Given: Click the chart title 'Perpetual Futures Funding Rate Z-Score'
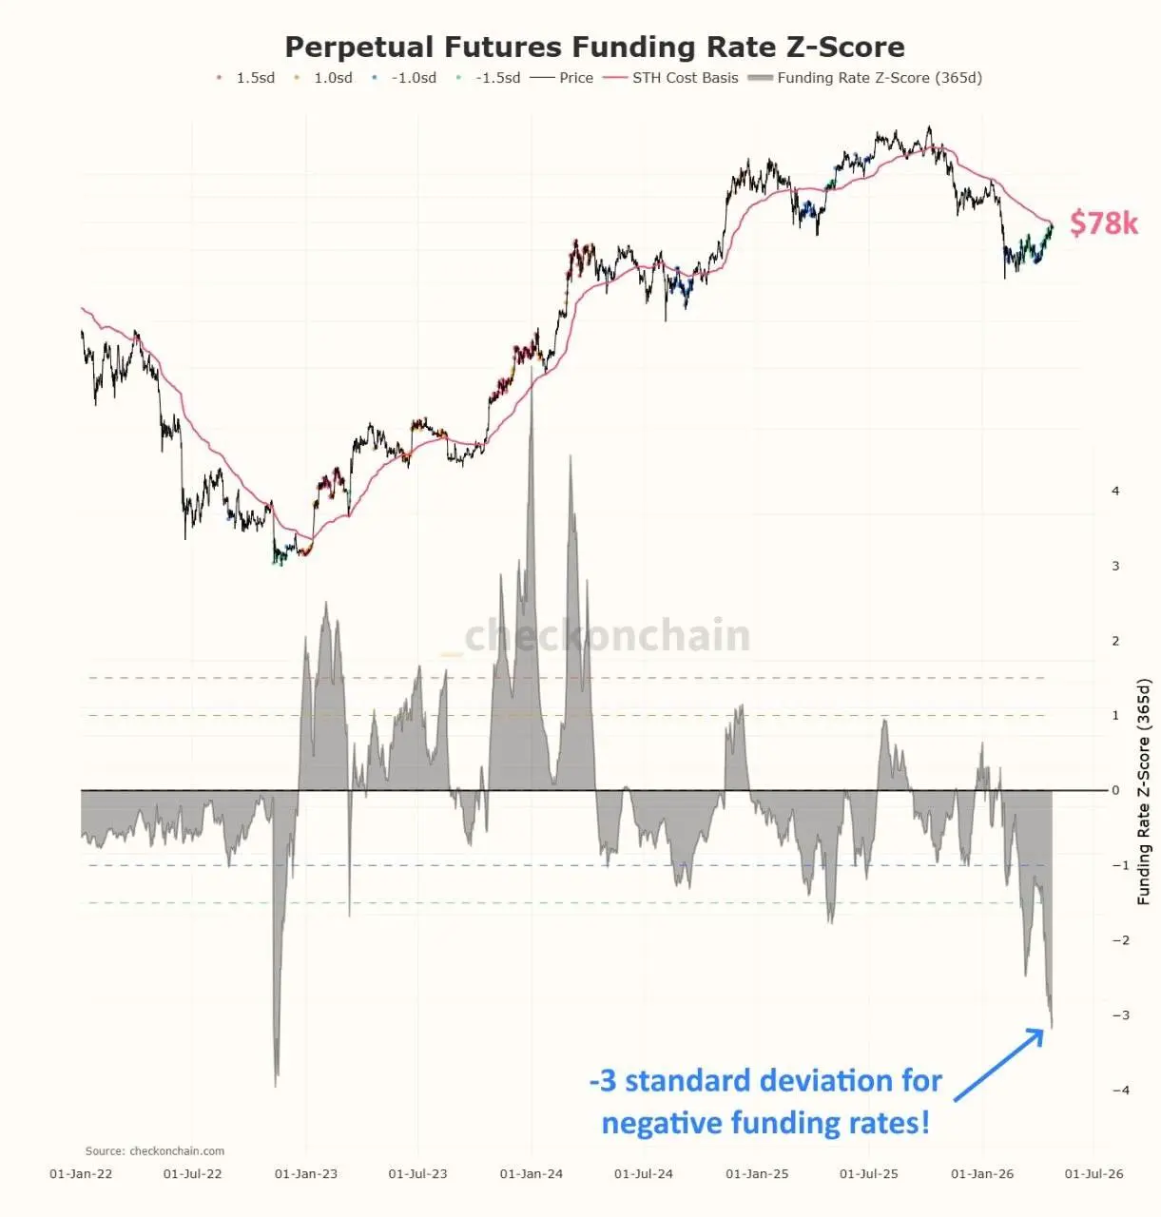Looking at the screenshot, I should point(594,47).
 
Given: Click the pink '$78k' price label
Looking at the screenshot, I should point(1103,222).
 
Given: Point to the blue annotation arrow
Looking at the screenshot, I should point(998,1065).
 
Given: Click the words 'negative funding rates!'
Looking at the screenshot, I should point(765,1123).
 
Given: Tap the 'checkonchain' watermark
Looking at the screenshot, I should point(607,635).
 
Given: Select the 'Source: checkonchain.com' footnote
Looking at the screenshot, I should point(155,1150).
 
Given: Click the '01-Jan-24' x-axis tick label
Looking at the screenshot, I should point(531,1174).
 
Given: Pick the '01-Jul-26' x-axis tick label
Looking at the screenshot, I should point(1093,1174).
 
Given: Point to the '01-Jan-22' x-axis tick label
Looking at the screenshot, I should point(81,1174).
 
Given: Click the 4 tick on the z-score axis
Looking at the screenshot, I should point(1115,491).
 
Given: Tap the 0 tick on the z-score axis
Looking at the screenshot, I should point(1115,790).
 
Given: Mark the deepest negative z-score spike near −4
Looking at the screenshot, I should point(276,1082).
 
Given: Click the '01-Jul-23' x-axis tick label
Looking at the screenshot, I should point(417,1174).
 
